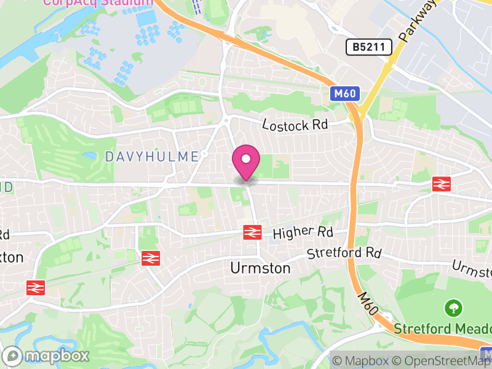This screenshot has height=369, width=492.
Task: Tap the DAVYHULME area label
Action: point(152,157)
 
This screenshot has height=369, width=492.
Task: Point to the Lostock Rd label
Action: point(295,125)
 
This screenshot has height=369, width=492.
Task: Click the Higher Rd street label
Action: point(303,233)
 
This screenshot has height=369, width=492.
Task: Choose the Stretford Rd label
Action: point(344,253)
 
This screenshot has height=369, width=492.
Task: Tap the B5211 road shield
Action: point(369,47)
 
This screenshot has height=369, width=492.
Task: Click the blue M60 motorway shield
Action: point(344,93)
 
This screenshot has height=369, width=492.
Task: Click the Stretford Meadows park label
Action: point(442,328)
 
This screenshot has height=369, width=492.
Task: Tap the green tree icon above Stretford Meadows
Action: point(453,306)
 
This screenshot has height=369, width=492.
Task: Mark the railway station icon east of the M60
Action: point(442,183)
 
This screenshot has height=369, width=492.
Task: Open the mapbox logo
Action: point(47,355)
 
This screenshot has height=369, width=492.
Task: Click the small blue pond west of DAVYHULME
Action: point(91,156)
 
